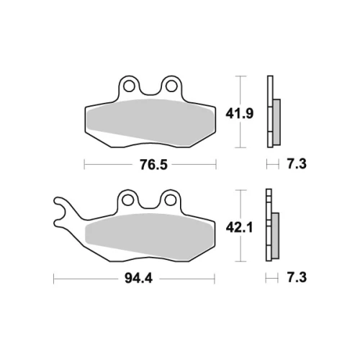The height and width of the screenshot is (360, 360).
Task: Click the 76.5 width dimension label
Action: (153, 165)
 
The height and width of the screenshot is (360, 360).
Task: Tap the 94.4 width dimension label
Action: (138, 279)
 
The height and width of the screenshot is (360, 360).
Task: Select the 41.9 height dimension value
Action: (239, 114)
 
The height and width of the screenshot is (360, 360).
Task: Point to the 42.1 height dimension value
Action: (239, 228)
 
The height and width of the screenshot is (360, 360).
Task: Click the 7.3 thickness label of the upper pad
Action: (297, 164)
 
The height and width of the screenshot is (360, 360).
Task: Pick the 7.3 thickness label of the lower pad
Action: (297, 278)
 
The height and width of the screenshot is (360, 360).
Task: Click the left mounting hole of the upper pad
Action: (129, 86)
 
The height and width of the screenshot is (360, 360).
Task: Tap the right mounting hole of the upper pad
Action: (171, 86)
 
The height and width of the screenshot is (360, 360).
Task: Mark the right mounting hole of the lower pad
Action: (170, 200)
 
